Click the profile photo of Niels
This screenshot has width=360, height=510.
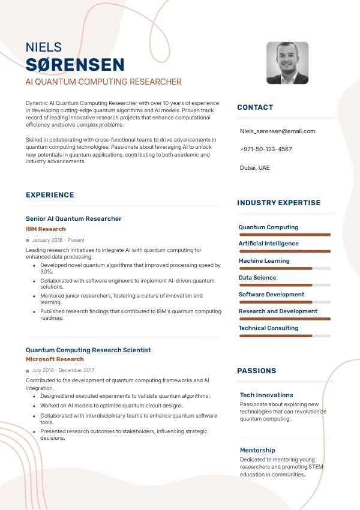tap(287, 63)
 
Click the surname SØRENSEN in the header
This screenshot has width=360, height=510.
tap(75, 65)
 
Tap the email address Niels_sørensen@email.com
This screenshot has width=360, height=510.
tap(277, 131)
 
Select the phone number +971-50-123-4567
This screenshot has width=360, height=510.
tap(266, 149)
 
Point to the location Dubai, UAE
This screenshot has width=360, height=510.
tap(255, 167)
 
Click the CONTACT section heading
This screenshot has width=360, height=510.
tap(255, 107)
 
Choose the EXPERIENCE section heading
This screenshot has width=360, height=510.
tap(50, 195)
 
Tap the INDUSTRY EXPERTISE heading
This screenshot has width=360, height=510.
tap(279, 203)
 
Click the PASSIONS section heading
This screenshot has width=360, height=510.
tap(257, 371)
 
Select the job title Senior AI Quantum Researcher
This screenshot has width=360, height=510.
tap(74, 218)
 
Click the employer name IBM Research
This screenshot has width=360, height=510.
tap(46, 229)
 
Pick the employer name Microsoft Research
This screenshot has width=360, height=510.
tap(55, 359)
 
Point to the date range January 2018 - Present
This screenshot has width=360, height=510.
tap(58, 240)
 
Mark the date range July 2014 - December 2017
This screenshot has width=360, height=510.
tap(63, 370)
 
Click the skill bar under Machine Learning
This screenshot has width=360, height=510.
tap(284, 268)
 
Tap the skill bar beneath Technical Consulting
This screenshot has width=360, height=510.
tap(284, 335)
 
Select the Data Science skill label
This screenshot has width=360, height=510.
tap(257, 278)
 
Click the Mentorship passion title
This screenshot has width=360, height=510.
tap(257, 450)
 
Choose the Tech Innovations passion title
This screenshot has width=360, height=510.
tap(266, 395)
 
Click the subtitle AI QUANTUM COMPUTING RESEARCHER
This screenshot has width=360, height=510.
tap(103, 82)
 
